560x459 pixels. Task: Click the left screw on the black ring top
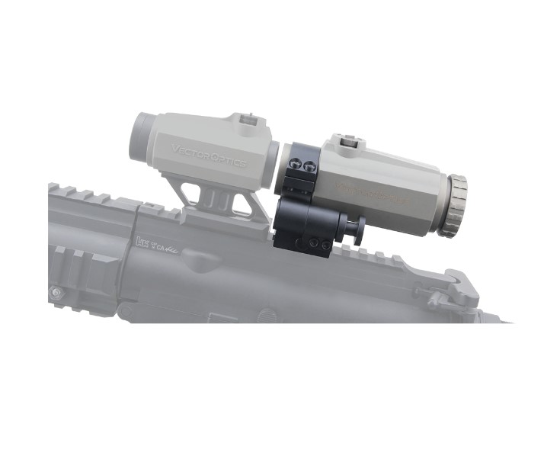(x=296, y=164)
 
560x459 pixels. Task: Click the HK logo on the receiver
(x=140, y=243)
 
